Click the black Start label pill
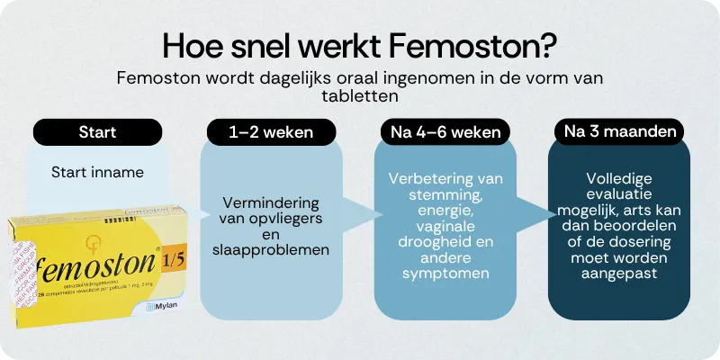pyautogui.click(x=97, y=132)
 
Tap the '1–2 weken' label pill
pyautogui.click(x=271, y=132)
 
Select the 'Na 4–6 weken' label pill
pyautogui.click(x=444, y=132)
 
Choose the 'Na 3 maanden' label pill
pyautogui.click(x=618, y=132)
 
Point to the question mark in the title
pyautogui.click(x=551, y=44)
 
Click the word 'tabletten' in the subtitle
pyautogui.click(x=361, y=94)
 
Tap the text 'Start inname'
pyautogui.click(x=97, y=172)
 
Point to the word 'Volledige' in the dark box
pyautogui.click(x=618, y=178)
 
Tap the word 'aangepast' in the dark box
pyautogui.click(x=618, y=272)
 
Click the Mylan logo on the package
pyautogui.click(x=161, y=308)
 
